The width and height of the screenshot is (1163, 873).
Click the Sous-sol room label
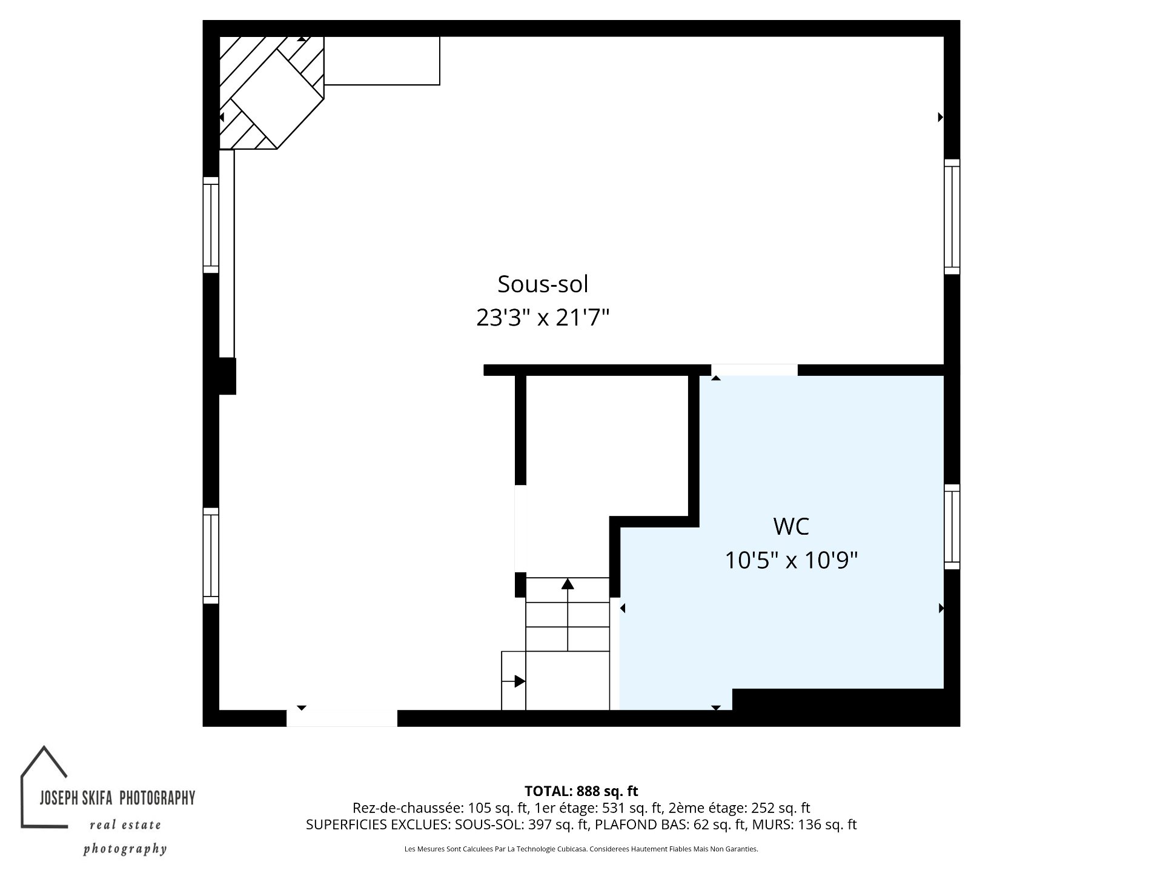[x=543, y=284]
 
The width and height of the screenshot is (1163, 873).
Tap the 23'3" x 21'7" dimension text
[x=543, y=318]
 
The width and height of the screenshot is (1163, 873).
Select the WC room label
[x=791, y=526]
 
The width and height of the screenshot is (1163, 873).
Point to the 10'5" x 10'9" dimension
[x=791, y=561]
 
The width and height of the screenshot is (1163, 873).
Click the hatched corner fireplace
[x=271, y=92]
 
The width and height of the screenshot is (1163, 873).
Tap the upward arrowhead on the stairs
[x=568, y=584]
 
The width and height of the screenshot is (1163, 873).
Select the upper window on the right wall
[x=952, y=216]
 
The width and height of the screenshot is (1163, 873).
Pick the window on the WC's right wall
[x=952, y=527]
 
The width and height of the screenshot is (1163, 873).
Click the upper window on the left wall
[x=210, y=225]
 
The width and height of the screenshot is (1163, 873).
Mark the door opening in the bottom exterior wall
[x=342, y=718]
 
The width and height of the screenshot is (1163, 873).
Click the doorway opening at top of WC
[x=754, y=370]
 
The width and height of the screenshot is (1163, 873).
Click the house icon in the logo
[x=45, y=787]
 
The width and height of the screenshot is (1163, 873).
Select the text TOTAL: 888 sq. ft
[x=581, y=791]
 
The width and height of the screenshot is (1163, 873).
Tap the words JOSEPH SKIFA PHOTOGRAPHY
[x=118, y=798]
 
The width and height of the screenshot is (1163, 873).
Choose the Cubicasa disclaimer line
[x=581, y=849]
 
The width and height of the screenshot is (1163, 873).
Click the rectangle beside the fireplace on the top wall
[x=382, y=61]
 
